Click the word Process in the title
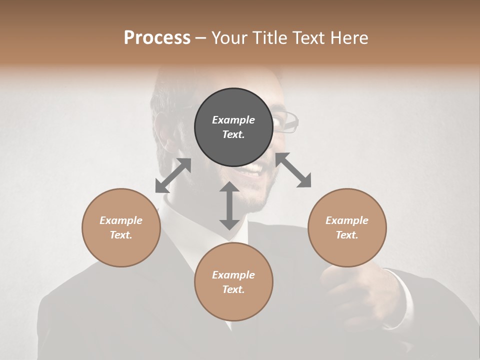(157, 37)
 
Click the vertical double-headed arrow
(229, 206)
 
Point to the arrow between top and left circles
(173, 175)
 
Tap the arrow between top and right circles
(293, 170)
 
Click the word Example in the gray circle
(233, 120)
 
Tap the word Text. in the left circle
(121, 235)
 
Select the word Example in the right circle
(347, 220)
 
